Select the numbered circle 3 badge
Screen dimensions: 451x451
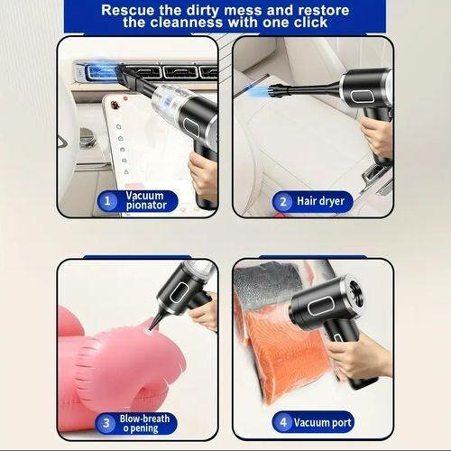[x=106, y=421]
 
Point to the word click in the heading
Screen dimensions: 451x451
[x=306, y=23]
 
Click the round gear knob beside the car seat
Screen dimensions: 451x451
[x=87, y=136]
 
